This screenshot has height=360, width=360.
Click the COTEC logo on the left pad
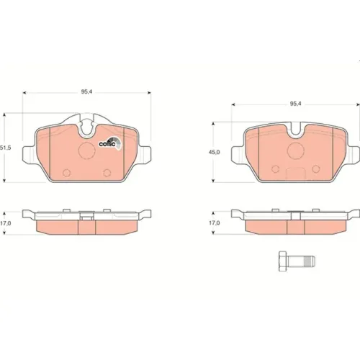tap(110, 143)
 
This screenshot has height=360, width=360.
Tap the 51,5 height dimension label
tap(5, 148)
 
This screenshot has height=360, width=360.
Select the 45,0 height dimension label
tap(214, 152)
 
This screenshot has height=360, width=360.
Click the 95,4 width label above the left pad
tap(86, 92)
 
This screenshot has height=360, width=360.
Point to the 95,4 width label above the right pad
tap(295, 104)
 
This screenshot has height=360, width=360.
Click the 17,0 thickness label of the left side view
tap(6, 223)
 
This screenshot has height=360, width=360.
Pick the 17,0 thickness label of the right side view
tap(215, 223)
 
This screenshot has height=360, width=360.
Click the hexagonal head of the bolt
tap(283, 261)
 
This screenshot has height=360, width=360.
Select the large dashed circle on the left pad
tap(87, 150)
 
